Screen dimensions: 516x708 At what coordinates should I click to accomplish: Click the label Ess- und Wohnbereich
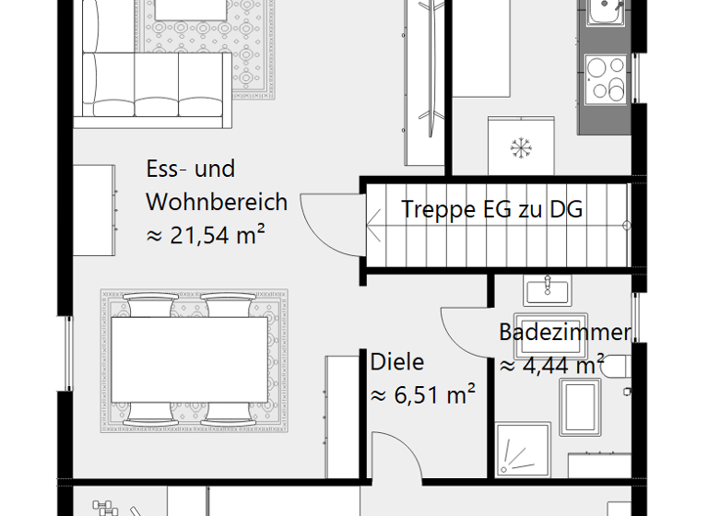pos(216,184)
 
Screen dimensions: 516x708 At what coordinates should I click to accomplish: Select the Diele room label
pos(397,361)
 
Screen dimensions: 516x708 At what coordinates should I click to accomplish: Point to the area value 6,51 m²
pos(422,395)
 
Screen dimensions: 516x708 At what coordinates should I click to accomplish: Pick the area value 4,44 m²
pos(551,366)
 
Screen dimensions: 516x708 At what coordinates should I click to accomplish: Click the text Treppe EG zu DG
pos(491,209)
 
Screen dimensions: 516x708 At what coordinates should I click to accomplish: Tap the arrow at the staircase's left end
pos(376,220)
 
